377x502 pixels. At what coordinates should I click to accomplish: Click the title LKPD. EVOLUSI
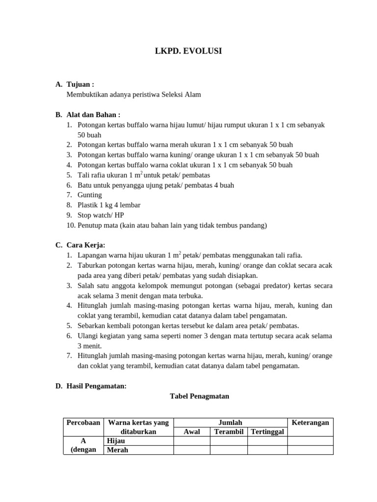(x=188, y=51)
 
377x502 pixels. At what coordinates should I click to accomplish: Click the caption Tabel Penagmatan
(x=199, y=396)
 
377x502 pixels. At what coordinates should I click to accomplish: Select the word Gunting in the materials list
(x=90, y=195)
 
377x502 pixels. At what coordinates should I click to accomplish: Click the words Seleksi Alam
(x=182, y=95)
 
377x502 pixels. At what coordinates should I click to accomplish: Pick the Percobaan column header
(x=83, y=423)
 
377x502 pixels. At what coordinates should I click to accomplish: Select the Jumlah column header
(x=231, y=423)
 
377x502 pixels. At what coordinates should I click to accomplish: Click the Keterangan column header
(x=310, y=423)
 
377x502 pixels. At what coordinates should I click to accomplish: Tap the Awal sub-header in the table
(x=192, y=431)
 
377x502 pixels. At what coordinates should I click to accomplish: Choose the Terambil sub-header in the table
(x=228, y=431)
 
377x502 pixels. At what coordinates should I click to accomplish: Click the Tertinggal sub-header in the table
(x=267, y=431)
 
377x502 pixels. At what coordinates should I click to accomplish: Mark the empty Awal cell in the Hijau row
(x=192, y=441)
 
